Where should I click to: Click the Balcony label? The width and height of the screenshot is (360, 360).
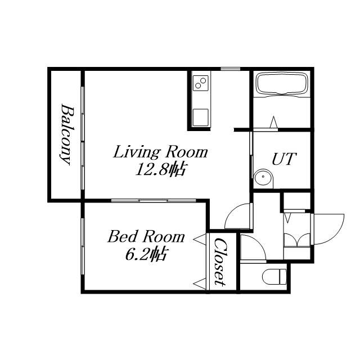65,134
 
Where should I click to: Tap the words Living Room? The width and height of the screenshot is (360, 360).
160,152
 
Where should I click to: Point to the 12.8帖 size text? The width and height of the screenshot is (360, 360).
160,169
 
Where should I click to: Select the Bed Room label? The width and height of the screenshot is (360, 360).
146,236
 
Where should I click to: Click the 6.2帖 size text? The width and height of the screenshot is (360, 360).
146,254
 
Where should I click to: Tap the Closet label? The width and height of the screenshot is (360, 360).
220,262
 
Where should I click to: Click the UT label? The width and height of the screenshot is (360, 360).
284,159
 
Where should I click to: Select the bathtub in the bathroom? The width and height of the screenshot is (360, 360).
282,84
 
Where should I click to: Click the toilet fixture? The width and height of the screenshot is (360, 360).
274,277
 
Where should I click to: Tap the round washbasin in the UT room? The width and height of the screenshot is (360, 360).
263,177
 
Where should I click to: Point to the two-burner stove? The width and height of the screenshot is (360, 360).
201,83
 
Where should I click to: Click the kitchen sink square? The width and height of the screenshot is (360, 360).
201,118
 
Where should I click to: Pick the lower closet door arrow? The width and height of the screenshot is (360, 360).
199,283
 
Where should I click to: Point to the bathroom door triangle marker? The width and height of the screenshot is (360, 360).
273,122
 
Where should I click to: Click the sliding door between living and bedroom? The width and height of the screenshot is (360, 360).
154,201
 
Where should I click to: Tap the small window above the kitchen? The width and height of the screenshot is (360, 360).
230,69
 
